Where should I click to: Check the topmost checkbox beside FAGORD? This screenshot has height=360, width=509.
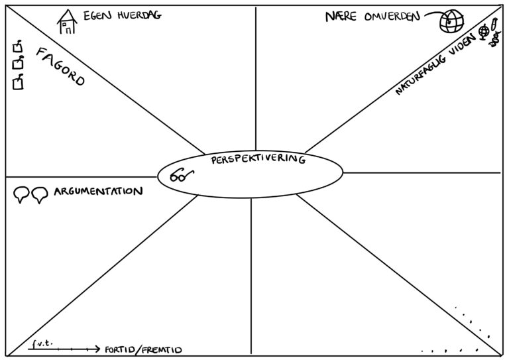pos(19,48)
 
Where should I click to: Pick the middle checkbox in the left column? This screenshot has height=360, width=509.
pos(19,64)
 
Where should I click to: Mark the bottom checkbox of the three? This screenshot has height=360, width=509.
pos(19,82)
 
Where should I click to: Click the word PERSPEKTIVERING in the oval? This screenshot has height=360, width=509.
pos(258,160)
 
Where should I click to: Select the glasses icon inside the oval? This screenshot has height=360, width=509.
pos(181,177)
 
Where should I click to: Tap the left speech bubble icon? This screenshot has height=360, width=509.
pos(21,194)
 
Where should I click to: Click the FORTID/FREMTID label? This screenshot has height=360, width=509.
pos(142,349)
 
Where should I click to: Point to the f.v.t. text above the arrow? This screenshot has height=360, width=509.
pos(41,343)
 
